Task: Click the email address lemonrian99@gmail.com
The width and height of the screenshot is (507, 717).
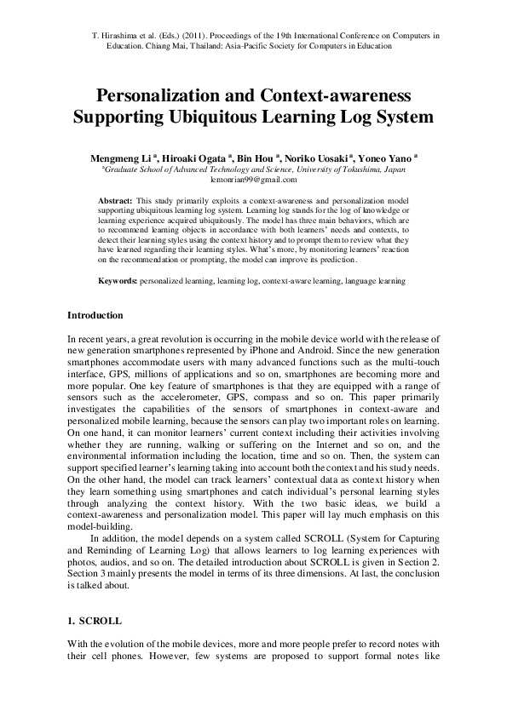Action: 253,180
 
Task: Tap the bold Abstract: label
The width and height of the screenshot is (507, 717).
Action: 116,199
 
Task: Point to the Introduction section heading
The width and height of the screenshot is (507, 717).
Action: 95,316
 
